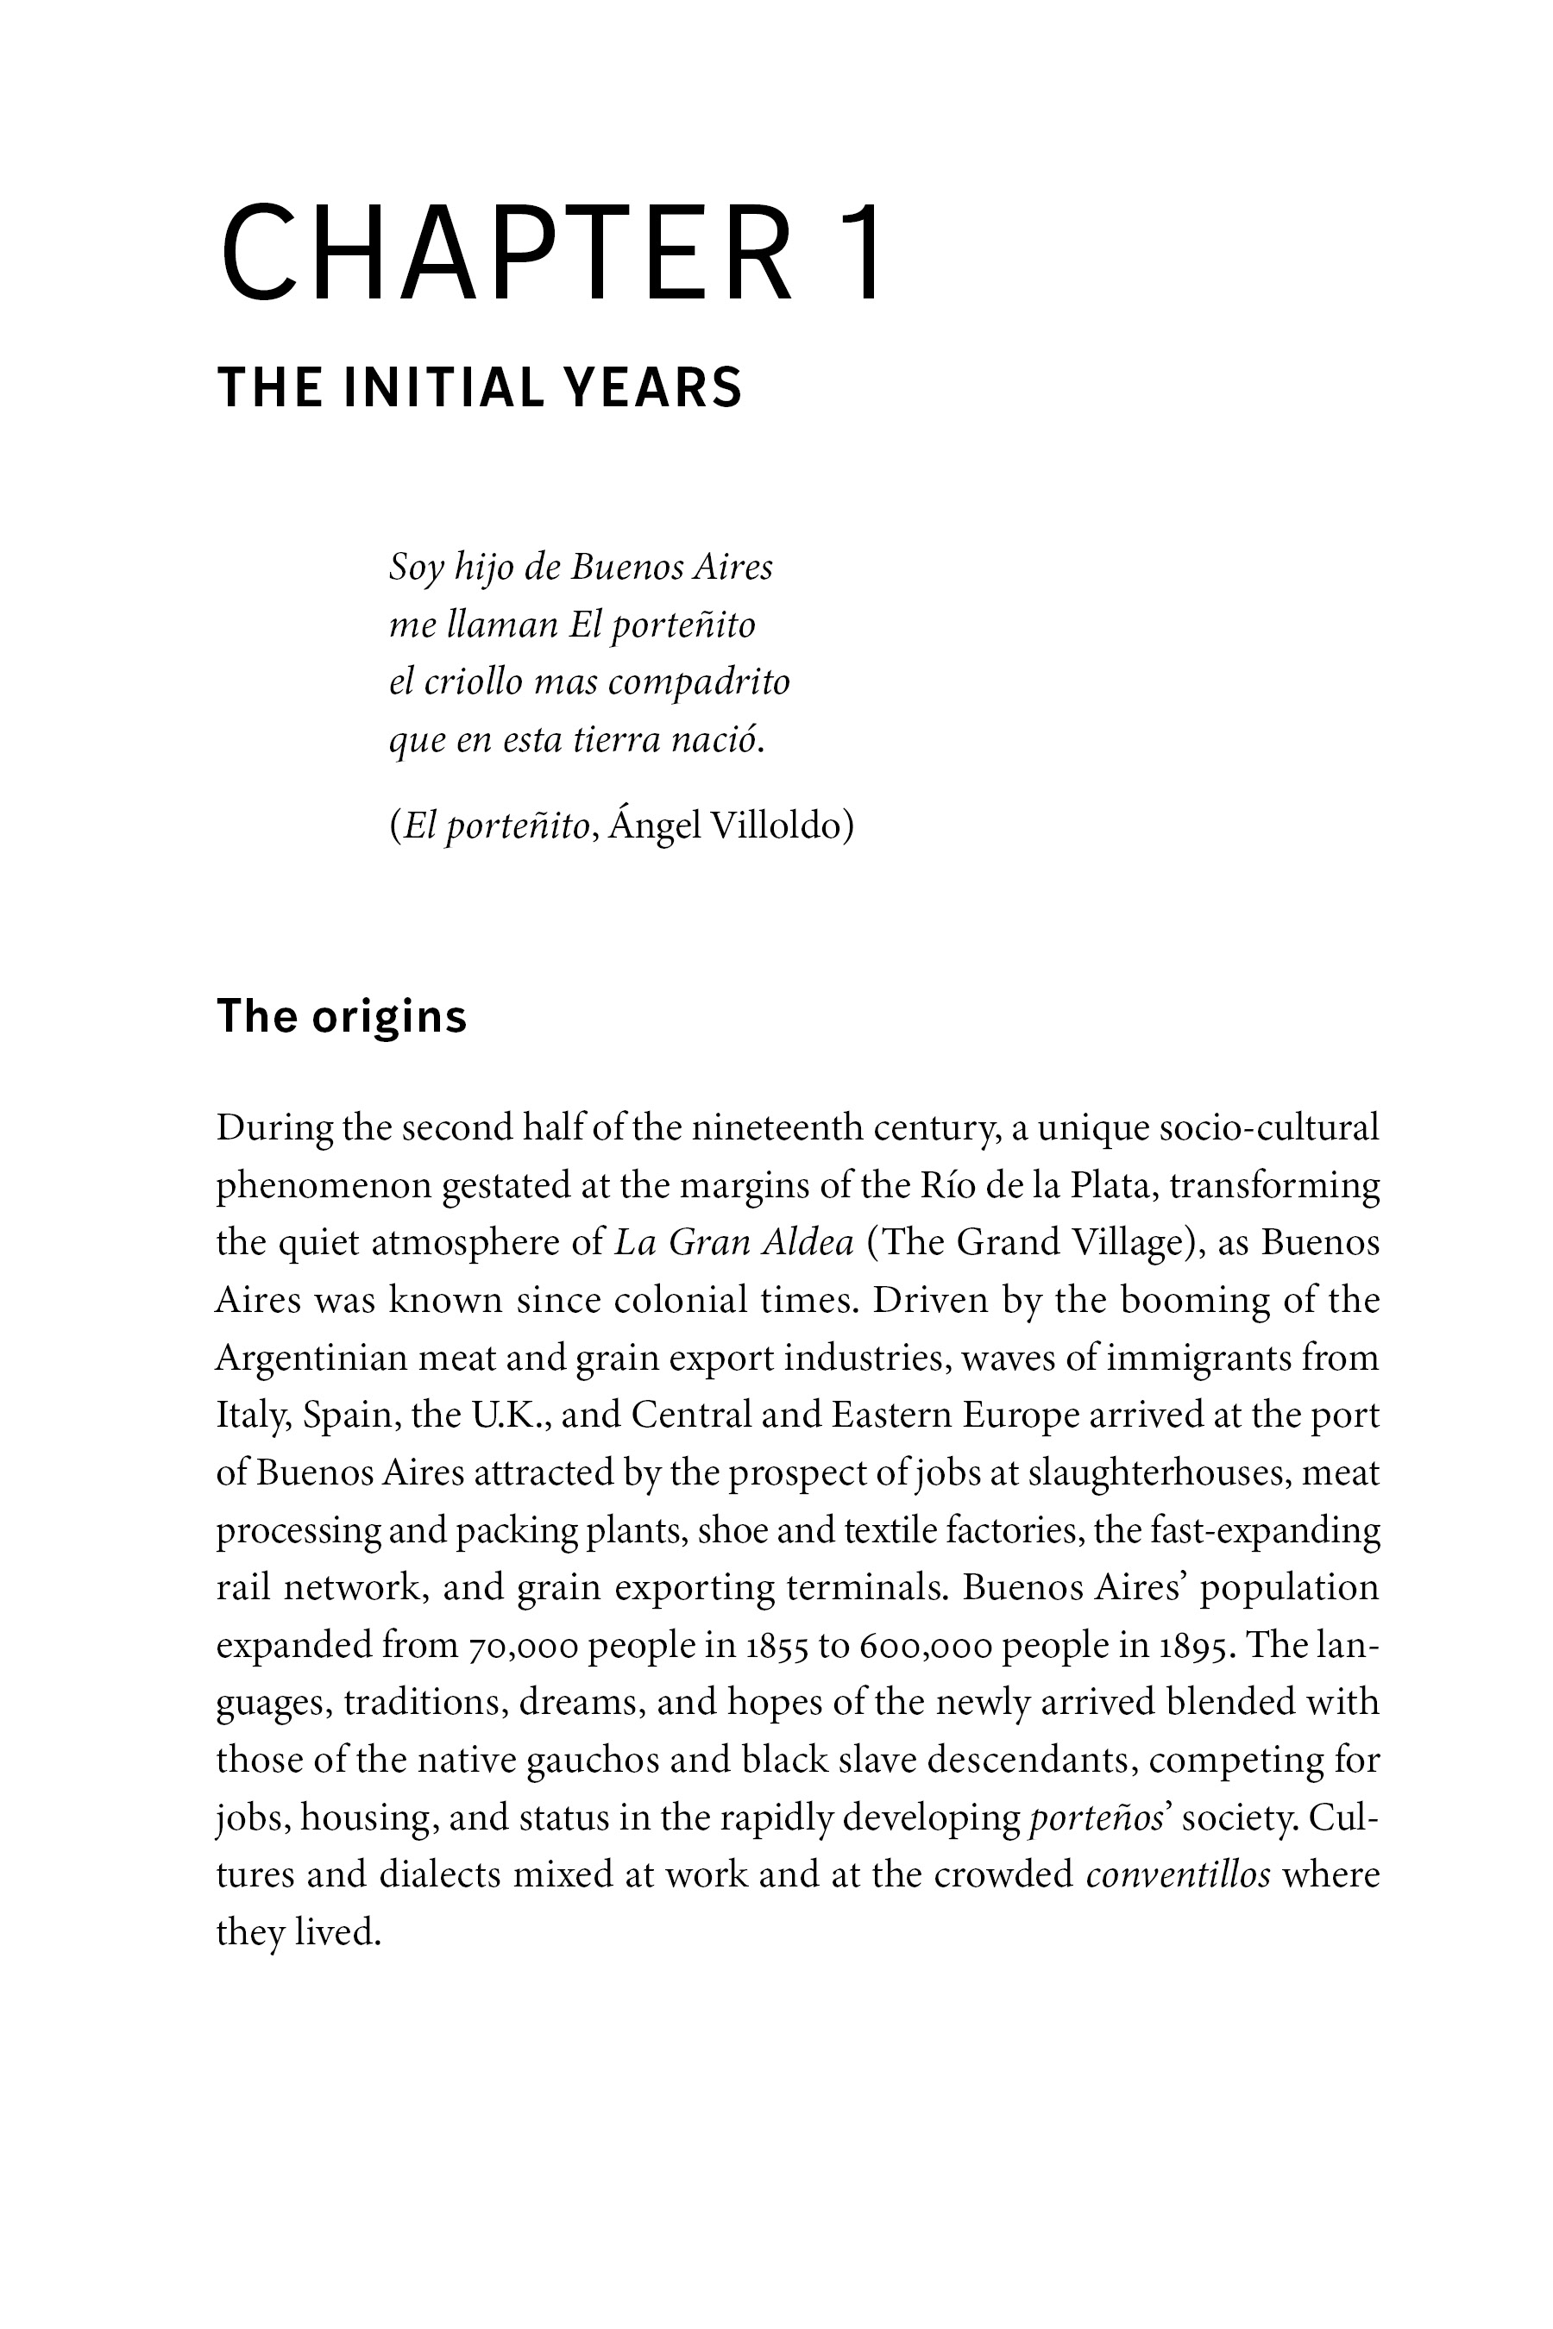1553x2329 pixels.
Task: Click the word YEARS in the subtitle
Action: (653, 387)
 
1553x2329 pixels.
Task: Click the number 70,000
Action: (522, 1645)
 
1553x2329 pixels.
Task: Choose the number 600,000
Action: (925, 1645)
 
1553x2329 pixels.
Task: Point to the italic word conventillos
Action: (1178, 1874)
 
